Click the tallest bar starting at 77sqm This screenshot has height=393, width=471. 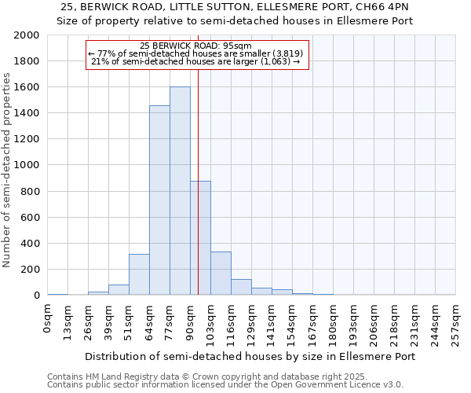click(180, 191)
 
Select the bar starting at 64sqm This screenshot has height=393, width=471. click(159, 200)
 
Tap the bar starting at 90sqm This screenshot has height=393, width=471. click(200, 238)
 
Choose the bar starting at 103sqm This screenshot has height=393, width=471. click(221, 274)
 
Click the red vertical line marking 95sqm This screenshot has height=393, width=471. click(198, 157)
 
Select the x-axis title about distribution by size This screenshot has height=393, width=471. click(251, 356)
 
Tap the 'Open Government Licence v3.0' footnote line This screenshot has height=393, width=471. click(225, 385)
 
